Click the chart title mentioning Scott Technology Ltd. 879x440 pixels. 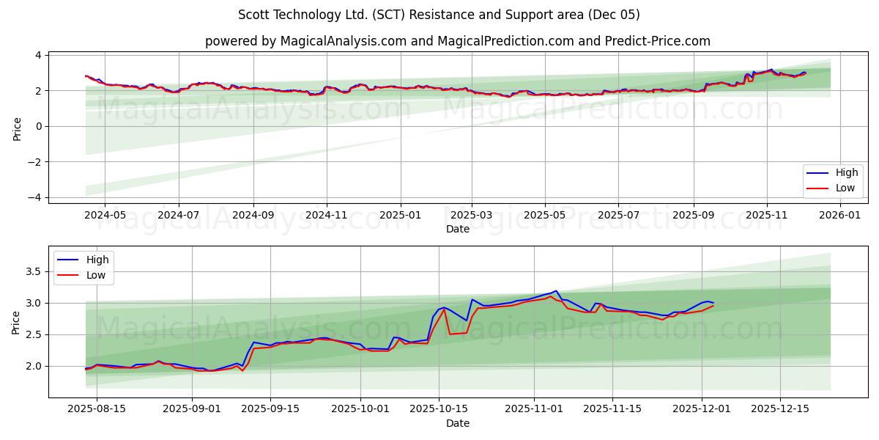(439, 15)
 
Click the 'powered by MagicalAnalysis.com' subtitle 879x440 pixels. (457, 41)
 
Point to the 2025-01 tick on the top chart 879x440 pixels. (400, 216)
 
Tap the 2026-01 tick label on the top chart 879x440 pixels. (839, 216)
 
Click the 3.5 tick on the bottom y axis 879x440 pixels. (34, 271)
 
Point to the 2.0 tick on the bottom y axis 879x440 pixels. (34, 366)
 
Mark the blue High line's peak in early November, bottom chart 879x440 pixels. (556, 291)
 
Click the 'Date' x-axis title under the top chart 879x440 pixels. (457, 229)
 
